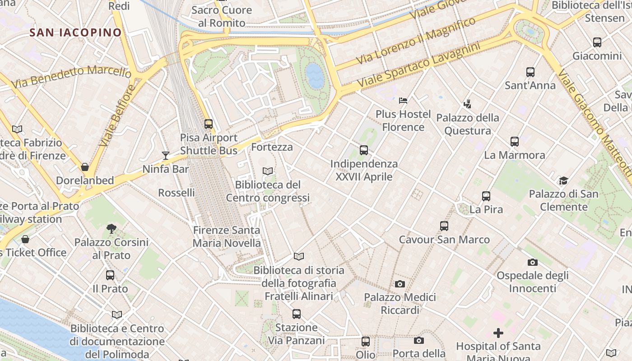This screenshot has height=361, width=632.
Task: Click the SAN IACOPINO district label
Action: (75, 32)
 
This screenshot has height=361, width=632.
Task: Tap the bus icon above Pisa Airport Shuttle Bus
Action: (208, 124)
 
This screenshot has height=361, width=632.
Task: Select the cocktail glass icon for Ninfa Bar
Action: (166, 156)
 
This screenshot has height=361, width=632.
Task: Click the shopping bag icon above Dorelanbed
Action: (85, 167)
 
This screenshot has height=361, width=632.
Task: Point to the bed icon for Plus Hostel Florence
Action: (403, 100)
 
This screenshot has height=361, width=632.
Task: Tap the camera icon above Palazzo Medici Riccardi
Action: (400, 284)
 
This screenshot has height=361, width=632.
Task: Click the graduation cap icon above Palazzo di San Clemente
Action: (563, 181)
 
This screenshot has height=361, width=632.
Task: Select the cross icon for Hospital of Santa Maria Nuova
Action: (498, 333)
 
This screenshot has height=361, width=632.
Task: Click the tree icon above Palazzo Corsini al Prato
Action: (111, 229)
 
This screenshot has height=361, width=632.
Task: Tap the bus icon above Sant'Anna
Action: (530, 72)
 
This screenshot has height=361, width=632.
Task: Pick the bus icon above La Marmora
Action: (514, 141)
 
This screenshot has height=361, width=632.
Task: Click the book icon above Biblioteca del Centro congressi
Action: (268, 171)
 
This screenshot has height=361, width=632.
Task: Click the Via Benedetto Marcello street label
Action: (71, 76)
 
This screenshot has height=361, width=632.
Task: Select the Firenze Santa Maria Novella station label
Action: (227, 236)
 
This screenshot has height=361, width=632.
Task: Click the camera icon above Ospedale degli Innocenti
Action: (533, 262)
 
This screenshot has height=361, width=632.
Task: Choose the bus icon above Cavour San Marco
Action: (444, 226)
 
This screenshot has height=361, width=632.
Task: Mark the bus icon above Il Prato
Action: (110, 275)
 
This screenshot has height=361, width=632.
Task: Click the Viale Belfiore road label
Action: (116, 116)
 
